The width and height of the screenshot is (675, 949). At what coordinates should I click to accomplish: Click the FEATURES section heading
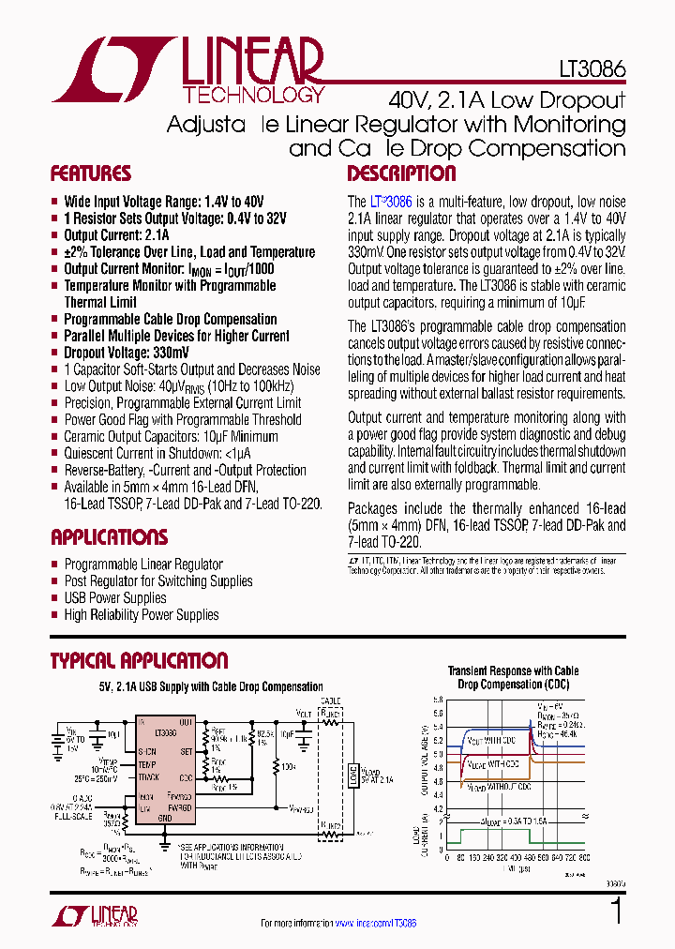click(90, 173)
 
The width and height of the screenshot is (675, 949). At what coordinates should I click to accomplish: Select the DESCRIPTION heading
click(388, 173)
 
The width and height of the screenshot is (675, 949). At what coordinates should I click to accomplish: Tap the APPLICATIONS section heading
click(109, 537)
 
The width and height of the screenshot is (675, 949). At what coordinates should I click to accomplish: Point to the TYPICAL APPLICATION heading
click(139, 660)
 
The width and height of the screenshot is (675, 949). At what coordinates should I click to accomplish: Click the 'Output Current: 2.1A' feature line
click(116, 235)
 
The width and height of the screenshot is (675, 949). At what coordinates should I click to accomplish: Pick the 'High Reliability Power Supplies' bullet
click(142, 615)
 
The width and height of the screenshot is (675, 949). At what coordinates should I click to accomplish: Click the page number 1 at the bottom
click(616, 912)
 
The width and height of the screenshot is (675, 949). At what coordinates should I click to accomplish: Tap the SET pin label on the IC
click(186, 750)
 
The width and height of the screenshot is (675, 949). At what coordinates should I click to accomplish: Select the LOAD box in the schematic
click(353, 775)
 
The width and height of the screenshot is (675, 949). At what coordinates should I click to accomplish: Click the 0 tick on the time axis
click(448, 856)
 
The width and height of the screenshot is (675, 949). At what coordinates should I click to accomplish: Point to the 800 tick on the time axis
click(585, 856)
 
